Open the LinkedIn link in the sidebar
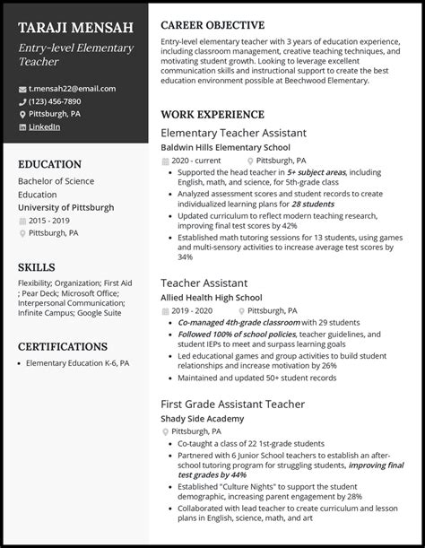pos(44,126)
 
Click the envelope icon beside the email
pos(22,89)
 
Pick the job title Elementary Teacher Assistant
pos(233,132)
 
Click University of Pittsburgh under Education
pos(66,206)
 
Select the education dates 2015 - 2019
pos(49,220)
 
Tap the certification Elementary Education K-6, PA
pos(78,363)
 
